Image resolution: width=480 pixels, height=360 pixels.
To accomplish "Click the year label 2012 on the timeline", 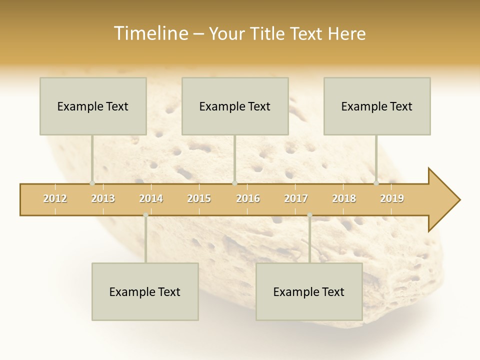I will [x=55, y=198].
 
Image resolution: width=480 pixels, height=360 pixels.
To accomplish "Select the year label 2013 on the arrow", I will [x=103, y=198].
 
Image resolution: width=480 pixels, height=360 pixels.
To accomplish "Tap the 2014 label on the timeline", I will [x=151, y=198].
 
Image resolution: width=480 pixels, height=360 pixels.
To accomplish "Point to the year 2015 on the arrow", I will [x=199, y=198].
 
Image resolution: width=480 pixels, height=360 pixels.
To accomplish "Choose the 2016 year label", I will [x=248, y=198].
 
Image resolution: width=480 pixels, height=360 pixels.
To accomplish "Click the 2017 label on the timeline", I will [x=296, y=198].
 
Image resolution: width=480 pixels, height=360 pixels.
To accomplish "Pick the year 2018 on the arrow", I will [x=344, y=198].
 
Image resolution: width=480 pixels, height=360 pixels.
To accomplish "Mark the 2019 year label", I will [x=392, y=198].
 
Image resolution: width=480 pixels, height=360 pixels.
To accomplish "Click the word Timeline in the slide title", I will [x=150, y=33].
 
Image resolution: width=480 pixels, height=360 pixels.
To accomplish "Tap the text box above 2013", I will [x=93, y=106].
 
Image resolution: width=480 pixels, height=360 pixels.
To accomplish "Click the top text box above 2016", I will [x=235, y=106].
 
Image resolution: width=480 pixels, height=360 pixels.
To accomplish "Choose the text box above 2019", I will [x=377, y=106].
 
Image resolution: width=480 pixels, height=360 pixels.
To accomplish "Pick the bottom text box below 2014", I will [x=145, y=291].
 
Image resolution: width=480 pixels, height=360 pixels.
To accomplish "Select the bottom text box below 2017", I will [x=309, y=291].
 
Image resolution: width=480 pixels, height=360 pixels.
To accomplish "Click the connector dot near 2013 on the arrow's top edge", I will [x=92, y=183].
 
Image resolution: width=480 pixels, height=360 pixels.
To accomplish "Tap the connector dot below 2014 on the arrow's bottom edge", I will [x=145, y=215].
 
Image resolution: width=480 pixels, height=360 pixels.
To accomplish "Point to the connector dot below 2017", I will [x=309, y=215].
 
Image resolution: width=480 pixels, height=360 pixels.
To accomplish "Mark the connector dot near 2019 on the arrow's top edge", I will [x=376, y=183].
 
